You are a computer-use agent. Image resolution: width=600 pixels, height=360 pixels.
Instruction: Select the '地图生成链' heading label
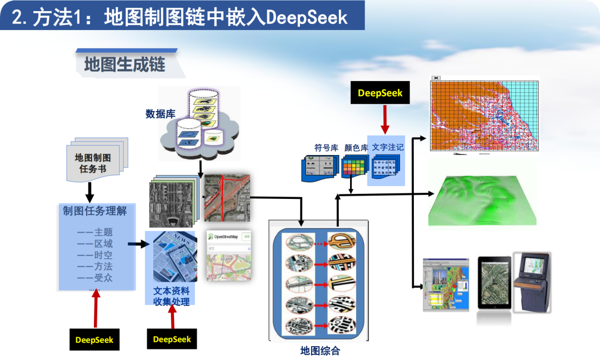point(124,64)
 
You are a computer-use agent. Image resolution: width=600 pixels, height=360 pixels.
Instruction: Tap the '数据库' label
point(161,114)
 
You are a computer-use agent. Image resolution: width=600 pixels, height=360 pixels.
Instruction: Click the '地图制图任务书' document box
point(93,162)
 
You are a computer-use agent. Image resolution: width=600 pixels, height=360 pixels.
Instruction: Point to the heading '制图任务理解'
point(95,211)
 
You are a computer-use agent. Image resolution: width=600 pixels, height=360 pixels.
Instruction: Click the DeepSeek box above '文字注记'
point(380,93)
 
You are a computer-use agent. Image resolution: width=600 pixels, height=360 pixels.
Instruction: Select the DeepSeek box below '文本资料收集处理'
point(172,339)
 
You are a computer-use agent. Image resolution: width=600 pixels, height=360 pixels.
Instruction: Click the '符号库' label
point(326,148)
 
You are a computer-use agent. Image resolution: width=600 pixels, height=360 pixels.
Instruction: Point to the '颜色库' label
point(356,148)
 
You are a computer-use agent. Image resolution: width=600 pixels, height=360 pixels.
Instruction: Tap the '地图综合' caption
point(320,351)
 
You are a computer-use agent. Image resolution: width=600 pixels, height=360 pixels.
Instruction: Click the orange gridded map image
point(485,114)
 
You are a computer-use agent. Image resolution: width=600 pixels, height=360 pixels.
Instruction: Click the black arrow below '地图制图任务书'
point(89,192)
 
